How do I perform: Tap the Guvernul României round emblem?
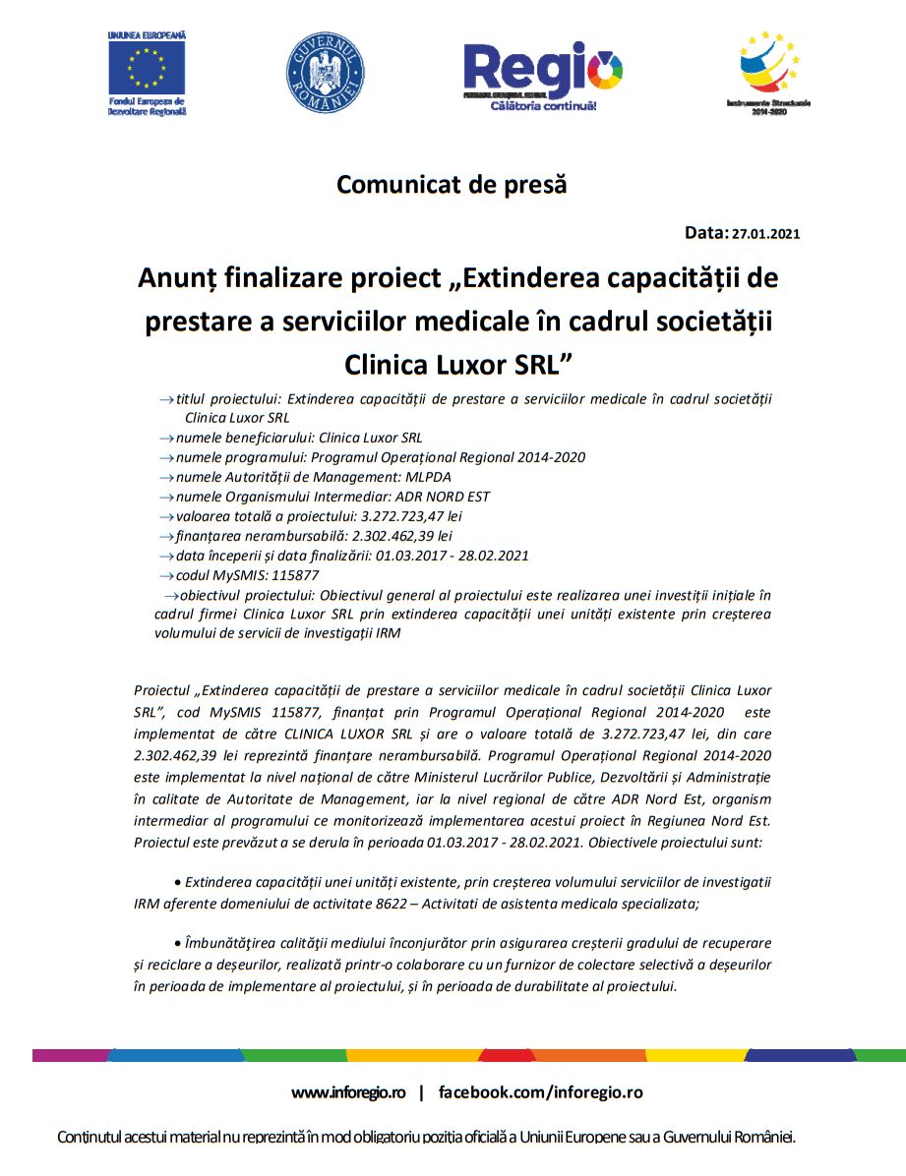pos(326,73)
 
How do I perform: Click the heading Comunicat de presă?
pos(453,184)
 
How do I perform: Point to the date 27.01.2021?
pos(766,234)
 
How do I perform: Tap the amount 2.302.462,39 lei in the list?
pos(402,536)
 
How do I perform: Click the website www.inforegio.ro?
pos(348,1092)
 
